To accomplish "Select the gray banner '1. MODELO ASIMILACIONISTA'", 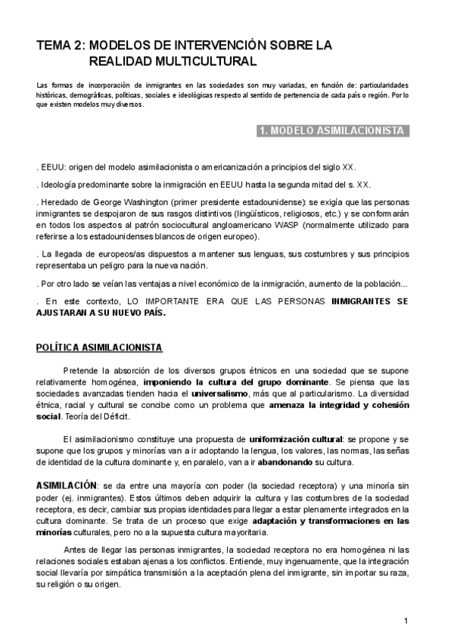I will coord(330,131).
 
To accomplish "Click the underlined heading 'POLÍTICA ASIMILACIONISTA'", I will coord(98,347).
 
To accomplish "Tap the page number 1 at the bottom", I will coord(406,621).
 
